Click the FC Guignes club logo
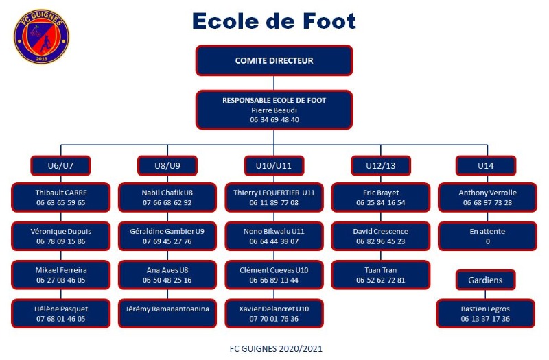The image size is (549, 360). coord(41,36)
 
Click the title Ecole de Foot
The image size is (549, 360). coord(274,21)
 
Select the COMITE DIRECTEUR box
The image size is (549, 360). coord(274,60)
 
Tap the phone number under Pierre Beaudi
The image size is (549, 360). coord(274,119)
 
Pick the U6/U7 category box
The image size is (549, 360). coord(60,165)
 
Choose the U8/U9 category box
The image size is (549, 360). coord(167,165)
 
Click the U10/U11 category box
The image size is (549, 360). coord(274,165)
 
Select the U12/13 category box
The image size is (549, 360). coord(381,165)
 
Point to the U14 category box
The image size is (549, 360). coord(486,165)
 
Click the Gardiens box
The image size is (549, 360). coord(485,280)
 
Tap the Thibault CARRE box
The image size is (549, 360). coord(60,197)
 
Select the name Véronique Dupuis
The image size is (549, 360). coord(60,231)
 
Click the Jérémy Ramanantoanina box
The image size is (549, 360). coord(167,313)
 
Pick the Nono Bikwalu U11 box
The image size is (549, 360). coord(274,236)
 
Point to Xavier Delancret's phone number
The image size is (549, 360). coord(274,319)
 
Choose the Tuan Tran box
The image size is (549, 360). coord(381,275)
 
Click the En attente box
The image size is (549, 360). coord(487,236)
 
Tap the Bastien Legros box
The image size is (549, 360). coord(485,313)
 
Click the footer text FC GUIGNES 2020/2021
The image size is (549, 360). coord(276,349)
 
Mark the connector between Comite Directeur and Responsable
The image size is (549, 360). coord(274,83)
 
